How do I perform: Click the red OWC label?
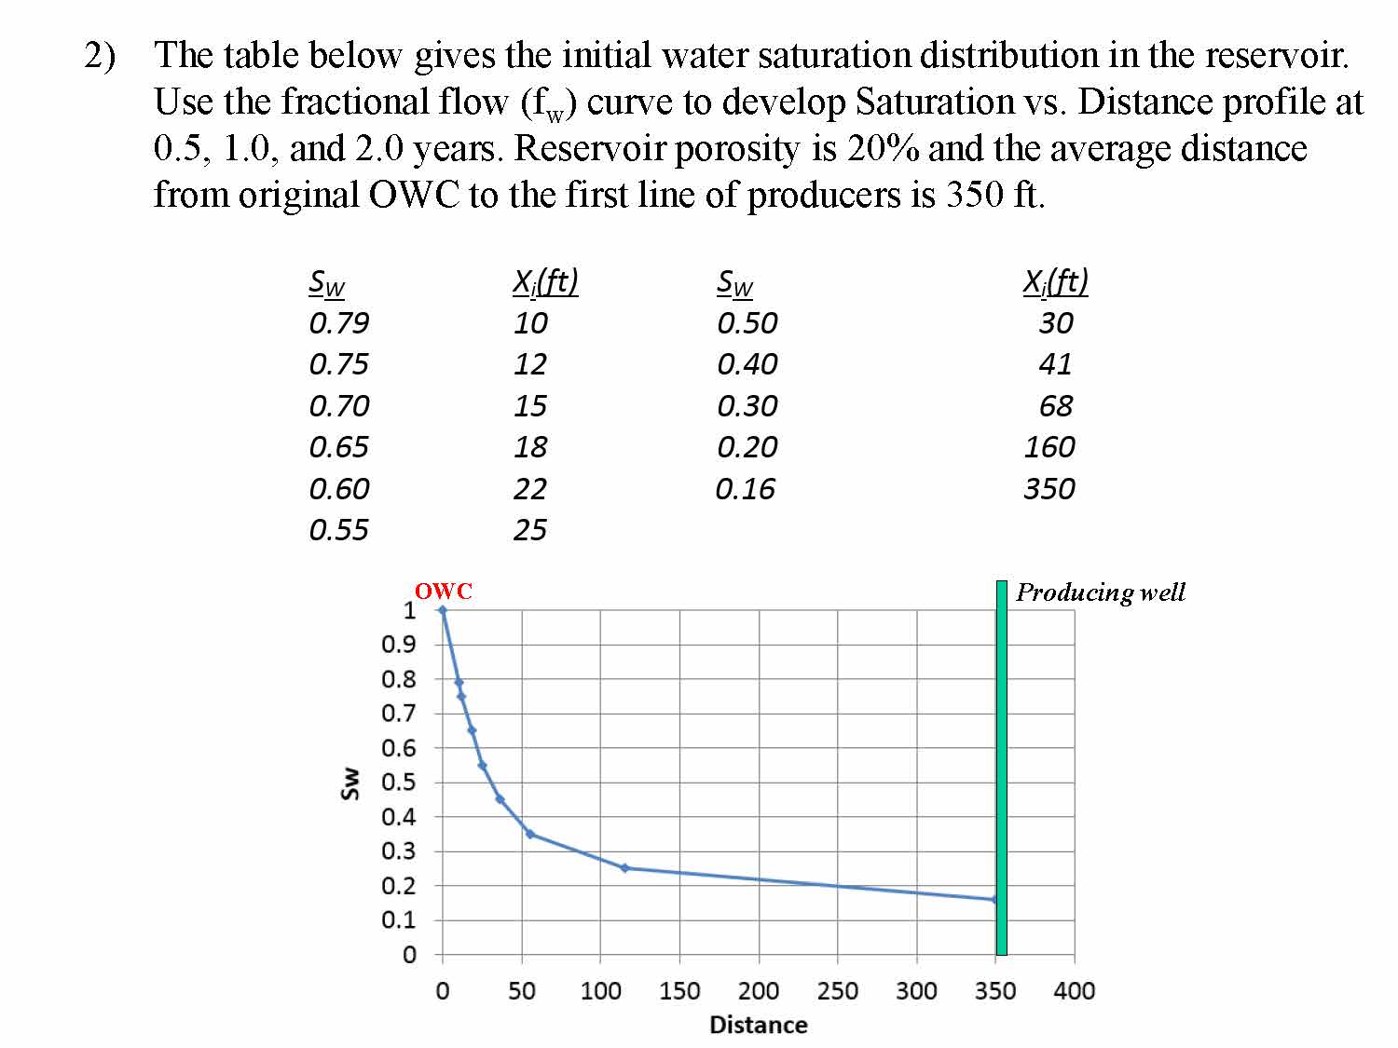[x=443, y=592]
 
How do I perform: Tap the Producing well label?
[x=1100, y=592]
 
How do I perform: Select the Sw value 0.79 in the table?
[x=338, y=323]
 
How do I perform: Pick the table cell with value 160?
[x=1049, y=447]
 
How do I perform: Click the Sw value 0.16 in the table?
[x=745, y=489]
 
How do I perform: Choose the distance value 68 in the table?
[x=1056, y=406]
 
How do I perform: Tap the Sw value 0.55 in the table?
[x=338, y=530]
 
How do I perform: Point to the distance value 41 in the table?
[x=1055, y=364]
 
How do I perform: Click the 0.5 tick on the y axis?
[x=398, y=783]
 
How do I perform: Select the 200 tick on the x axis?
[x=759, y=991]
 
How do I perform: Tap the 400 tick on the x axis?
[x=1075, y=991]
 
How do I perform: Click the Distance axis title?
[x=759, y=1025]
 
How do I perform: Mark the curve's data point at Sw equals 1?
[x=443, y=611]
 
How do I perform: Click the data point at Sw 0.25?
[x=624, y=868]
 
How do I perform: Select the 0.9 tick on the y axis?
[x=398, y=645]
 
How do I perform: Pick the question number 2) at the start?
[x=101, y=56]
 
